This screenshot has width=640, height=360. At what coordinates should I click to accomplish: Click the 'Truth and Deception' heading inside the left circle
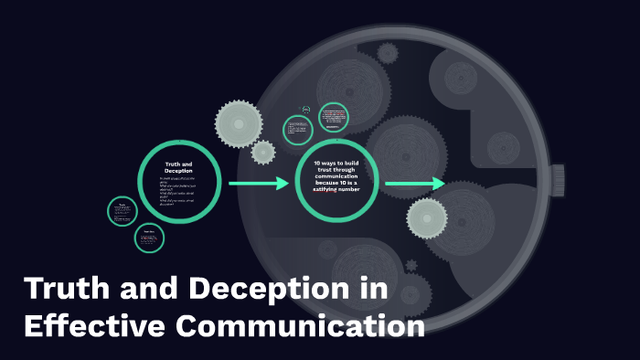coord(178,167)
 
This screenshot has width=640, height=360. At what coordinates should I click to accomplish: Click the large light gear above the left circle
coord(238,122)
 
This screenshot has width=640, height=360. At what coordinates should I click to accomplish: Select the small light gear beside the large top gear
coord(263,152)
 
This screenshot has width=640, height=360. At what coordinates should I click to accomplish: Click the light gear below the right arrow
coord(426,217)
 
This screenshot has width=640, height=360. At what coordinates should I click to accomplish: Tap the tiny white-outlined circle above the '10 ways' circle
coord(306,111)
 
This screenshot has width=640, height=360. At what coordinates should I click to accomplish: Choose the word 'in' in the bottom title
coord(376,291)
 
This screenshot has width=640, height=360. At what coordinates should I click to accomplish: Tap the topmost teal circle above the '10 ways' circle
coord(334,118)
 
